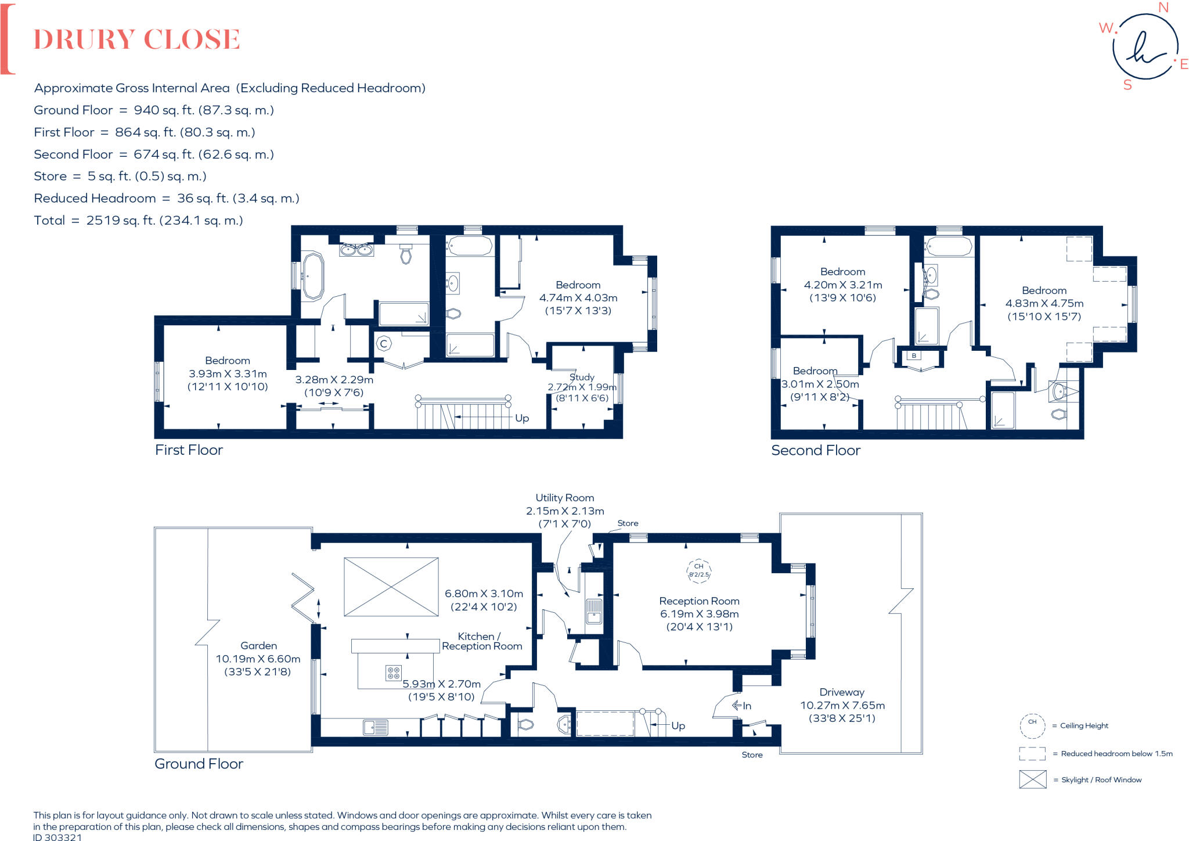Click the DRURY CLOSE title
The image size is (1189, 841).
(x=136, y=39)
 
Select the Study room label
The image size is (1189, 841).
(x=582, y=377)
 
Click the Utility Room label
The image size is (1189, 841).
(x=564, y=498)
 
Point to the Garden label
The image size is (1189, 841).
(x=258, y=646)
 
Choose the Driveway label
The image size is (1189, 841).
(x=842, y=692)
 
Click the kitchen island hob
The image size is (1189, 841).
(x=394, y=673)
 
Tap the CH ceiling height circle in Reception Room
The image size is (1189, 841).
(x=698, y=570)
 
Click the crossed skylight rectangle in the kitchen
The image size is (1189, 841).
(x=391, y=587)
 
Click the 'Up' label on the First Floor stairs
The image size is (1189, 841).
(x=522, y=418)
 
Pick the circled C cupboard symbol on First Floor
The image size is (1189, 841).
(x=383, y=344)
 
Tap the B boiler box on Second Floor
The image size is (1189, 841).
(x=914, y=355)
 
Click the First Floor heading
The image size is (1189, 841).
(x=189, y=450)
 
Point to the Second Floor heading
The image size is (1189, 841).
(x=816, y=451)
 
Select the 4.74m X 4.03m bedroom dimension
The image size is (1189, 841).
(x=578, y=298)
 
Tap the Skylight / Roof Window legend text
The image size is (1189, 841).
(x=1101, y=780)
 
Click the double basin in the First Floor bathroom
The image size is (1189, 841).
(x=356, y=250)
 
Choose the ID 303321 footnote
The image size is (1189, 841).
(x=57, y=837)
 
